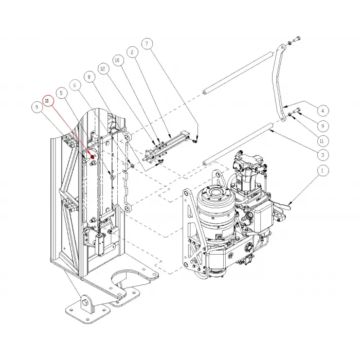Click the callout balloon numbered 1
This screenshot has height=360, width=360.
pyautogui.click(x=322, y=170)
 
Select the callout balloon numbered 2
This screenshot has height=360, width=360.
pyautogui.click(x=132, y=52)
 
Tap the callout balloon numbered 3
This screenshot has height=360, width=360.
pyautogui.click(x=322, y=155)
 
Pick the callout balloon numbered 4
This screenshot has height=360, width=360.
pyautogui.click(x=322, y=111)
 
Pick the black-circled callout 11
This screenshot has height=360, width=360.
pyautogui.click(x=322, y=140)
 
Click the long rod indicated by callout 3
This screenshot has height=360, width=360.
pyautogui.click(x=237, y=146)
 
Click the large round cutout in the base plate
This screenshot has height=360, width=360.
pyautogui.click(x=128, y=281)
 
